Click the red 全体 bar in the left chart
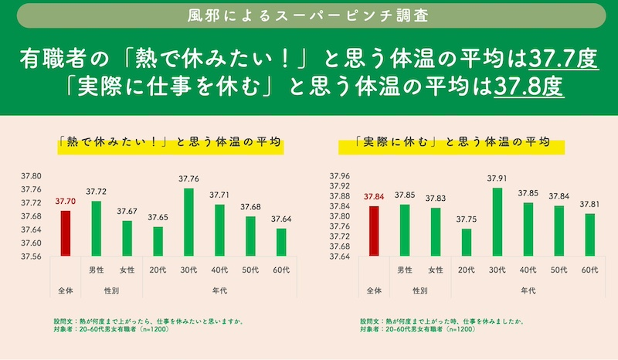[x=66, y=233]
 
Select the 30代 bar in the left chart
[x=188, y=222]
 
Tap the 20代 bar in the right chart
[x=466, y=243]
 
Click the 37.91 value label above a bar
[x=497, y=178]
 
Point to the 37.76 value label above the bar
[x=188, y=179]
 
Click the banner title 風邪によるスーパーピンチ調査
[x=309, y=15]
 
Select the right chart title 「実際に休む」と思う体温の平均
[x=450, y=142]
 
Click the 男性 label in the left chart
[x=97, y=270]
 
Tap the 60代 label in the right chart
[x=589, y=270]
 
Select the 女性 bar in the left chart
[x=127, y=238]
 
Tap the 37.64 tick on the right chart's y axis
[x=340, y=256]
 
